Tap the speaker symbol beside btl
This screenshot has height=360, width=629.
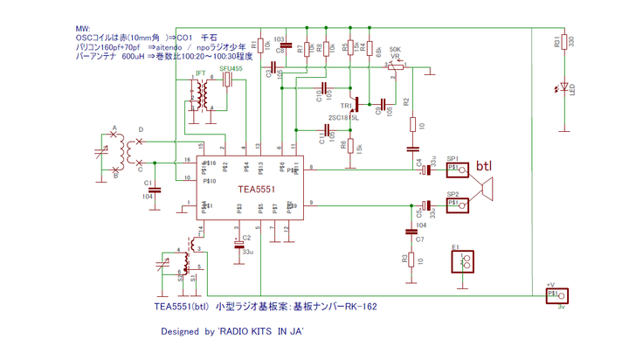pos(485,187)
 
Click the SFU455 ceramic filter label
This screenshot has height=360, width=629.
pos(232,68)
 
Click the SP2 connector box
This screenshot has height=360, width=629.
pos(459,204)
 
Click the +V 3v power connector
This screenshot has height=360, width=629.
pos(556,296)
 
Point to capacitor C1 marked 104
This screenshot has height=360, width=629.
pos(152,187)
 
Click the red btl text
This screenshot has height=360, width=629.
pos(485,165)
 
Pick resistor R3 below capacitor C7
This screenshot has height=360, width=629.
pos(411,260)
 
